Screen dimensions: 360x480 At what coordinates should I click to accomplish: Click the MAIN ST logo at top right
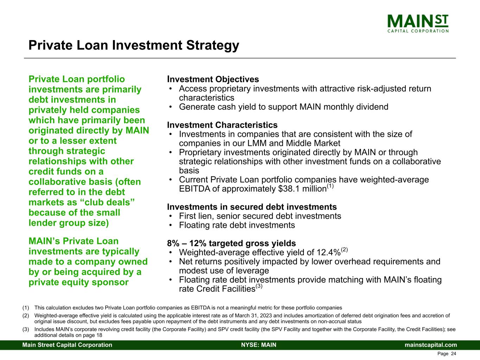point(418,23)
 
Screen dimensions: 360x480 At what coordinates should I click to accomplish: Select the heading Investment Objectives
point(213,79)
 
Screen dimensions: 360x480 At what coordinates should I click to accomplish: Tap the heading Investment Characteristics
point(222,125)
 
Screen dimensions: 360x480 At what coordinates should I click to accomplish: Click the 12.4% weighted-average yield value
point(328,253)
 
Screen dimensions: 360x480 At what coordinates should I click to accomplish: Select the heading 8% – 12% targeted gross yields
point(231,243)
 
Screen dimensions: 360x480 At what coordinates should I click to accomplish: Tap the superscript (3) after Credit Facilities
point(259,286)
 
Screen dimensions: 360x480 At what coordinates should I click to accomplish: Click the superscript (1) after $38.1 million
point(330,186)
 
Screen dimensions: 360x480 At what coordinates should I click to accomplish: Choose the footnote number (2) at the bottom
point(26,316)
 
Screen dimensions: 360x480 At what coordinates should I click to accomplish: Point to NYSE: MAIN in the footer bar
point(259,345)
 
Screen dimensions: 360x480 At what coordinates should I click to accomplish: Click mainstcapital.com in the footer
point(431,345)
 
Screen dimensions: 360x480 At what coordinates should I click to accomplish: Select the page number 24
point(453,354)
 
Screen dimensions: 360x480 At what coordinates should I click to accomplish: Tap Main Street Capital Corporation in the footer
point(68,345)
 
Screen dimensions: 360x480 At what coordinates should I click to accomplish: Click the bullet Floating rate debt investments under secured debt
point(237,225)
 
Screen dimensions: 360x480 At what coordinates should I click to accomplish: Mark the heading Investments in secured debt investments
point(252,207)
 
